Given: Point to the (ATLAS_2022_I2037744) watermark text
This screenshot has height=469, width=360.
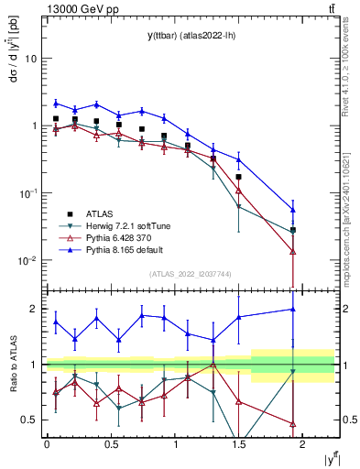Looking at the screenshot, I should pyautogui.click(x=190, y=274).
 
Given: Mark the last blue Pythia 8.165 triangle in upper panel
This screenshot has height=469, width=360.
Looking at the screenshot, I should pyautogui.click(x=293, y=210).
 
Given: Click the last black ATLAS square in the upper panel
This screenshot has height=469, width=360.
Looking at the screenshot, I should pyautogui.click(x=293, y=230).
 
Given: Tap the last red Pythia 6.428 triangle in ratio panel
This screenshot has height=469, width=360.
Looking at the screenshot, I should pyautogui.click(x=293, y=423).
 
